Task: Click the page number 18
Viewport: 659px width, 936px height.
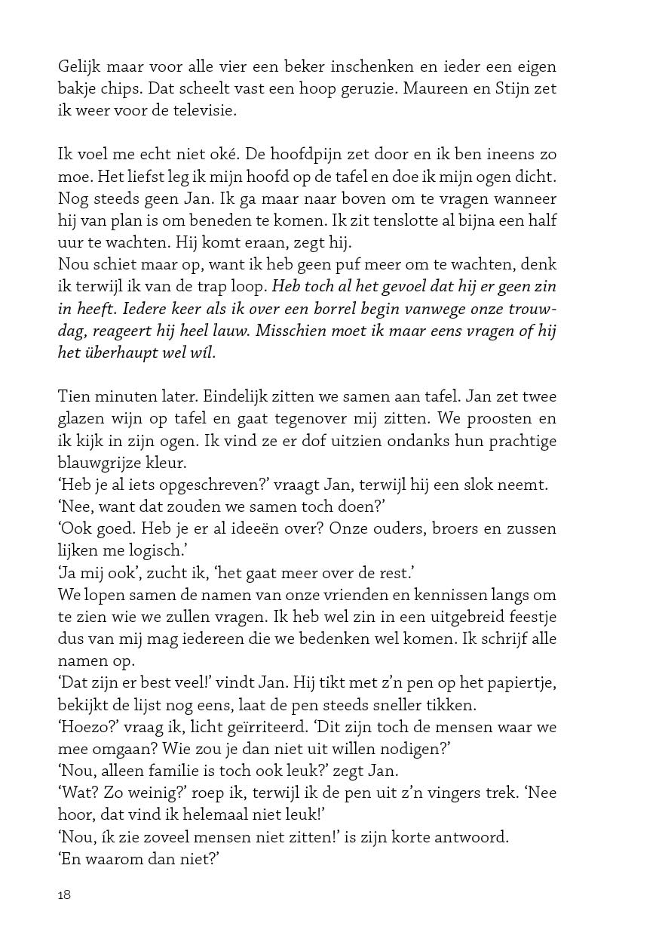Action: (x=64, y=895)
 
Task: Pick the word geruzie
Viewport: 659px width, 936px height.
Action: (x=360, y=88)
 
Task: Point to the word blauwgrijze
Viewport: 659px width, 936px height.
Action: (x=100, y=461)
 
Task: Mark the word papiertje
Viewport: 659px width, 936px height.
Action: (x=525, y=683)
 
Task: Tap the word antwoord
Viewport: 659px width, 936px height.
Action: (x=450, y=836)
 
